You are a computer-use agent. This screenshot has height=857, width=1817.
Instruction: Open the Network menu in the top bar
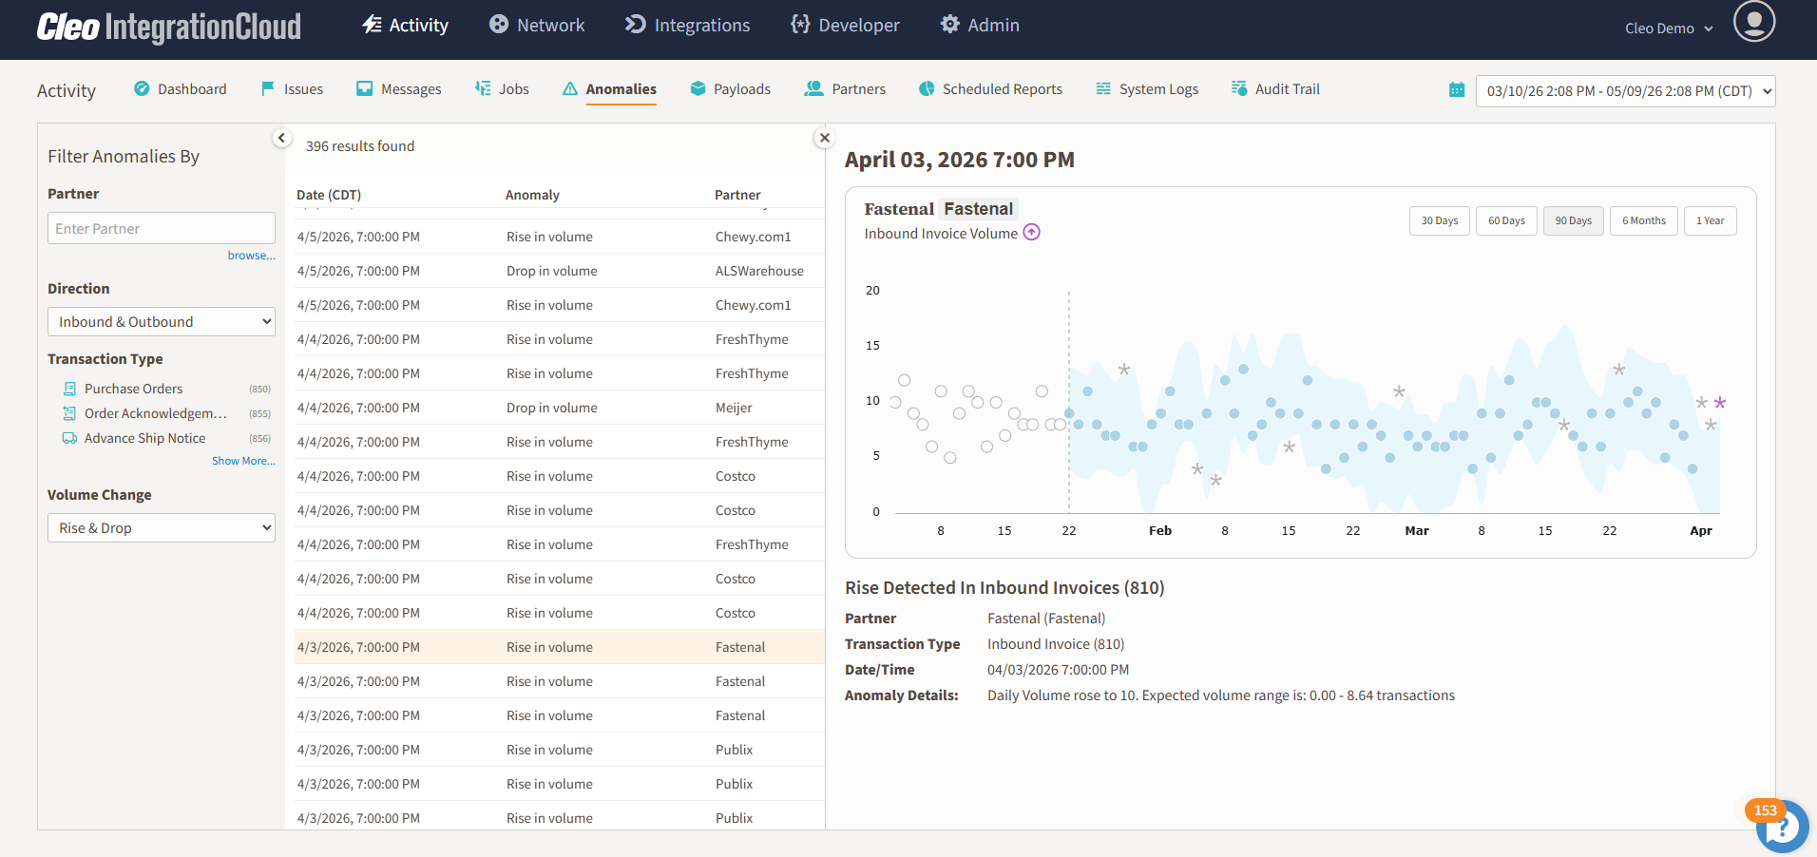pyautogui.click(x=537, y=25)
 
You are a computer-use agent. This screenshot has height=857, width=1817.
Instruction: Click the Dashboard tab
pyautogui.click(x=181, y=89)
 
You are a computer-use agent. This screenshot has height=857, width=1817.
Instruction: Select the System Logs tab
pyautogui.click(x=1147, y=89)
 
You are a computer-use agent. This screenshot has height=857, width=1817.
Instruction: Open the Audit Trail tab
pyautogui.click(x=1275, y=89)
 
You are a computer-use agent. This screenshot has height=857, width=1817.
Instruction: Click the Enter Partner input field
pyautogui.click(x=162, y=228)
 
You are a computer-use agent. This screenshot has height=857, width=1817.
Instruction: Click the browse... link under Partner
pyautogui.click(x=252, y=256)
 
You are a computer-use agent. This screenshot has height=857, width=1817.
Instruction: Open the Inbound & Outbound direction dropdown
pyautogui.click(x=162, y=321)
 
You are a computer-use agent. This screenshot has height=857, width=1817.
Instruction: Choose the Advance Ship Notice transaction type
pyautogui.click(x=144, y=438)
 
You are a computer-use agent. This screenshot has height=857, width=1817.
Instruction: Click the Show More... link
pyautogui.click(x=243, y=461)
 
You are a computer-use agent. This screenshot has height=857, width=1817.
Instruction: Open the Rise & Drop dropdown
pyautogui.click(x=162, y=527)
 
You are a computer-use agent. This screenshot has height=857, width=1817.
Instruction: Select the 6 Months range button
pyautogui.click(x=1644, y=220)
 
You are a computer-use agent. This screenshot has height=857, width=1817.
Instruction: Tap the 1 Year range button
pyautogui.click(x=1711, y=220)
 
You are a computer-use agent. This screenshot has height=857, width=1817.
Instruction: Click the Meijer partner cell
pyautogui.click(x=734, y=408)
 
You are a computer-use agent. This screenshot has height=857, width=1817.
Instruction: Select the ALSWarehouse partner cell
pyautogui.click(x=759, y=271)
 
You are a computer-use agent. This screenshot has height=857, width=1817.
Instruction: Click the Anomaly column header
pyautogui.click(x=532, y=195)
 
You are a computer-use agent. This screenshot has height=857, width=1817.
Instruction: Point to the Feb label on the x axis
pyautogui.click(x=1160, y=531)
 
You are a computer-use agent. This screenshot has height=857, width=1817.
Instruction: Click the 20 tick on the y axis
pyautogui.click(x=872, y=291)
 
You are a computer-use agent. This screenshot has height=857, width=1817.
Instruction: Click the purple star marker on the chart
pyautogui.click(x=1720, y=403)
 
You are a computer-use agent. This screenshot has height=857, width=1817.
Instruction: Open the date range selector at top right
pyautogui.click(x=1625, y=91)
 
